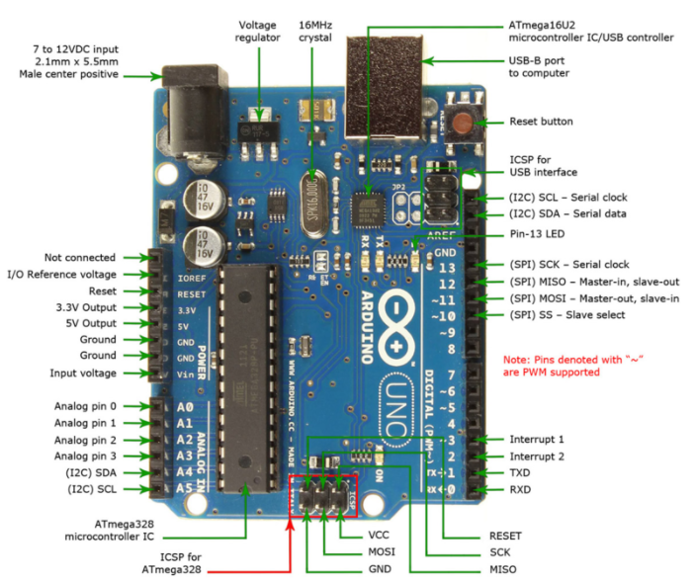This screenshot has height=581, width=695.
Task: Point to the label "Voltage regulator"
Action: click(x=259, y=32)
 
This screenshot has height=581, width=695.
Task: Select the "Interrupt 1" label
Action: click(x=539, y=439)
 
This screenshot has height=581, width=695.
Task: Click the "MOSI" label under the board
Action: click(x=374, y=551)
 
